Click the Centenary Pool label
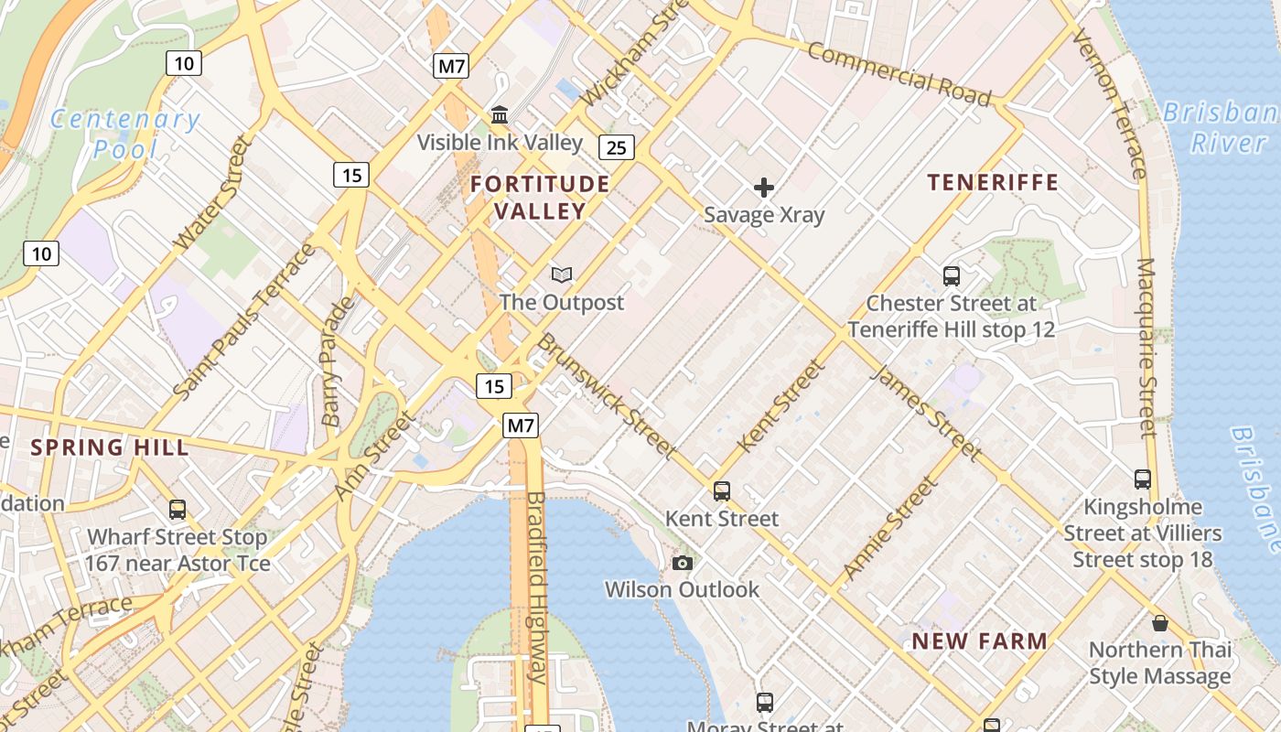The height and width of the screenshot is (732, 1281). click(x=124, y=133)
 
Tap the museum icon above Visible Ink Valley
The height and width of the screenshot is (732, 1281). click(x=500, y=115)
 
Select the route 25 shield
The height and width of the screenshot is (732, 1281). click(x=618, y=146)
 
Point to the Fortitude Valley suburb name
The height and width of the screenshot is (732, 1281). click(x=540, y=197)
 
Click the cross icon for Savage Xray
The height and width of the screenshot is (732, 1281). click(x=764, y=188)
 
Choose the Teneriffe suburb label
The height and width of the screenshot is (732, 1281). click(x=993, y=182)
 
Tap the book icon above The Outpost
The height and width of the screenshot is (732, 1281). click(x=562, y=274)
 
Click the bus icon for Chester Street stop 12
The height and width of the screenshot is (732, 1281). click(x=952, y=275)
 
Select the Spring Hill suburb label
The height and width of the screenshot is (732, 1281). click(x=110, y=447)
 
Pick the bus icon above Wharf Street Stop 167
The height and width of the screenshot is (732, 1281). click(x=178, y=510)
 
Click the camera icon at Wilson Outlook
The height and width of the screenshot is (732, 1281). click(x=683, y=563)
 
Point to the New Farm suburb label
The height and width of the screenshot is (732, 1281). click(x=979, y=641)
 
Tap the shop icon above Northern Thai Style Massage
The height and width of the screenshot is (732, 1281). click(x=1160, y=623)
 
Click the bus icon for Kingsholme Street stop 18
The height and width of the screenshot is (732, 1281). click(x=1143, y=479)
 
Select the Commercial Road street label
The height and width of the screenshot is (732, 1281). click(x=899, y=73)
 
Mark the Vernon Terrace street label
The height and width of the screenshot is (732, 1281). click(x=1108, y=102)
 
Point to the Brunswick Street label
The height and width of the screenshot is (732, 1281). click(x=606, y=395)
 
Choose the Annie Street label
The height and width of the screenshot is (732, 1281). click(x=890, y=530)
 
